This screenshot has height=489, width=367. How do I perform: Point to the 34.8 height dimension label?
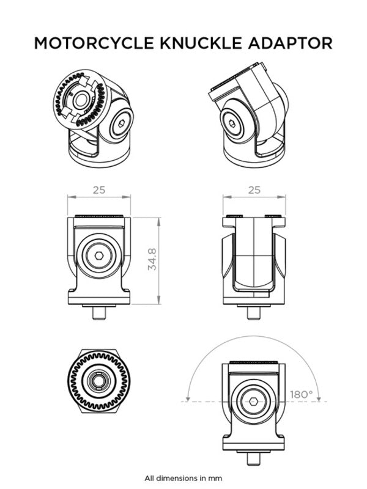[153, 260]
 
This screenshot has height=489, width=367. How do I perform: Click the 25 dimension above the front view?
[99, 189]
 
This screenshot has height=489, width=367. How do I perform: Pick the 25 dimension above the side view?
[253, 189]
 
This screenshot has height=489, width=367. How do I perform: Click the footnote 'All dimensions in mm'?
[183, 478]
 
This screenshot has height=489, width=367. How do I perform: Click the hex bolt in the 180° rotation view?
[253, 402]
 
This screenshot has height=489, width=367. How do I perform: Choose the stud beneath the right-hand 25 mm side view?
[253, 312]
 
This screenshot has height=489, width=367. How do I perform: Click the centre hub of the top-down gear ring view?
[98, 381]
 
